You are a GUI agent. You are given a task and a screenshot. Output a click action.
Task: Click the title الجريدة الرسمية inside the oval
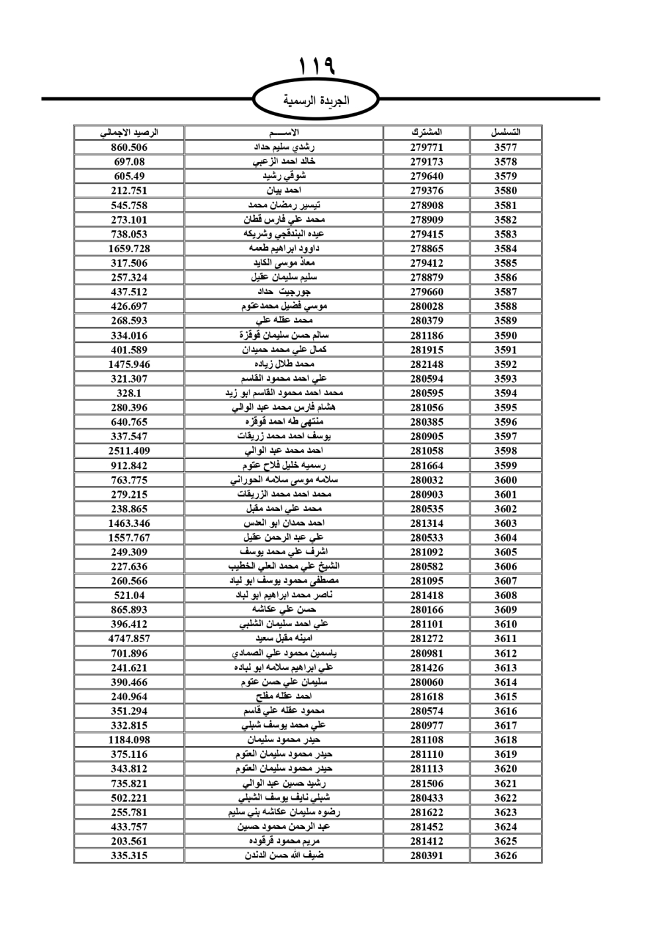click(x=316, y=101)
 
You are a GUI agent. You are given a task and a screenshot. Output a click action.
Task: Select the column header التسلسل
click(x=505, y=132)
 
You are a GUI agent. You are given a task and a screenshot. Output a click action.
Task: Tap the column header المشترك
click(x=426, y=132)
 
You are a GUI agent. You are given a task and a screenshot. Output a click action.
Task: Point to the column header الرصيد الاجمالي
click(x=129, y=132)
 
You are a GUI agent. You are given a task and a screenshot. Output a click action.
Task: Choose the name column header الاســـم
click(x=284, y=132)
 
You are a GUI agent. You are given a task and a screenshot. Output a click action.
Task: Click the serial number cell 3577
click(x=505, y=148)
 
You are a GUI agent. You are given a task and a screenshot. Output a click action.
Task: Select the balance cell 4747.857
click(x=129, y=639)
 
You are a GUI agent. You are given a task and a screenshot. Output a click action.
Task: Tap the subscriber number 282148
click(x=426, y=364)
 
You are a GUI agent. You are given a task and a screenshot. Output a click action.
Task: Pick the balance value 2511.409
click(x=129, y=451)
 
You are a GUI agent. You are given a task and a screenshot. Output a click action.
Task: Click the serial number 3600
click(x=505, y=480)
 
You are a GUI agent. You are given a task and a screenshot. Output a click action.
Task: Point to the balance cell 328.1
click(x=129, y=393)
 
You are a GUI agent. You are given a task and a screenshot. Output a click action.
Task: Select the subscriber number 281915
click(x=426, y=350)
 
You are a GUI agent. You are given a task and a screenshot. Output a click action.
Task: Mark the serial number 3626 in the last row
click(x=505, y=855)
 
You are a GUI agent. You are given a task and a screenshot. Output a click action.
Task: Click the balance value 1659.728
click(x=129, y=249)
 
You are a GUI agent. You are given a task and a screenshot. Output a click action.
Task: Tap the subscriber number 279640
click(x=426, y=176)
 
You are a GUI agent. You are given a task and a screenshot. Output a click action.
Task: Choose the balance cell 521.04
click(x=129, y=595)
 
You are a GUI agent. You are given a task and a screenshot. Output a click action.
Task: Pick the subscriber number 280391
click(x=426, y=855)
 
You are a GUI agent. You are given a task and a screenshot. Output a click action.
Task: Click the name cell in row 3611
click(x=284, y=639)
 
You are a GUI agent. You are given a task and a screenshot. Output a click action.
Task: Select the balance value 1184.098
click(x=129, y=739)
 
